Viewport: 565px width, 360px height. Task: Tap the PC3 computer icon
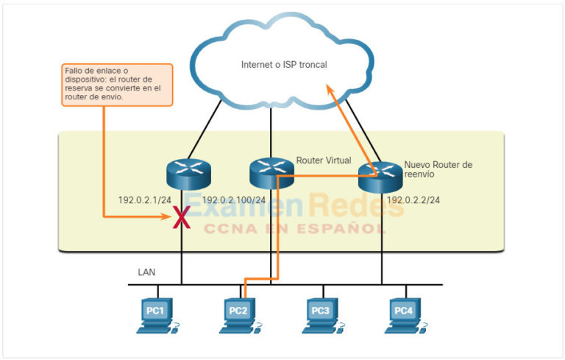321,314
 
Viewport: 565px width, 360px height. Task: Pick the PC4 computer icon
404,314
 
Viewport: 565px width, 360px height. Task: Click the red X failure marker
179,217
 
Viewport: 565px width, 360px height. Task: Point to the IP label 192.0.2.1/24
145,200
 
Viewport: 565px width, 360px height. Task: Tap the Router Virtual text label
323,160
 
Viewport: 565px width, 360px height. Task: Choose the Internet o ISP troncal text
284,65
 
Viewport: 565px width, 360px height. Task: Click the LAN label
146,272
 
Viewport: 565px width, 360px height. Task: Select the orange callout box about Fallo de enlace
117,84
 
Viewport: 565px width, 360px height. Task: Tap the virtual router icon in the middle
271,171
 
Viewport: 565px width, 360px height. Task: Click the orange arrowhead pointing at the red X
167,216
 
